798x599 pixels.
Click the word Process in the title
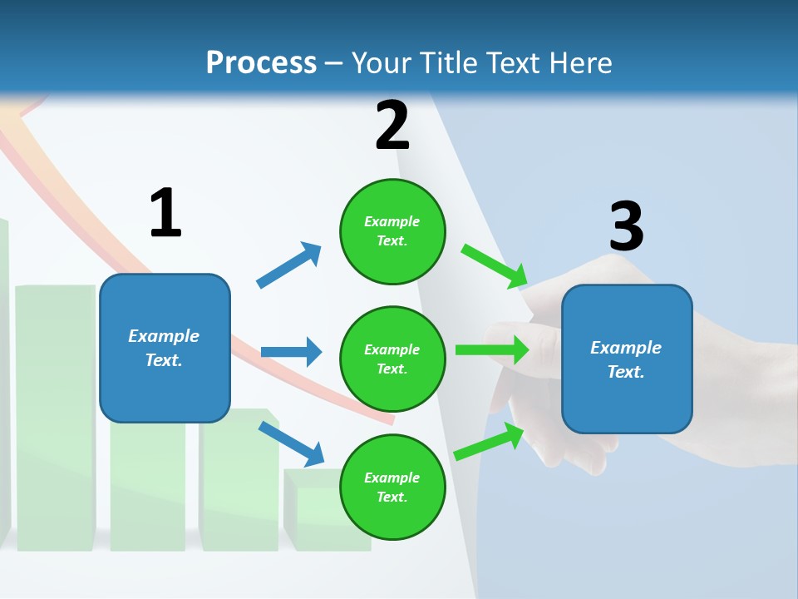261,63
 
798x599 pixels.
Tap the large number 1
165,213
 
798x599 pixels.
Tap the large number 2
392,126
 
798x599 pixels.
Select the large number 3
626,226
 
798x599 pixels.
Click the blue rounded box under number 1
165,348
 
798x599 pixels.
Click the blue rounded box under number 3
627,359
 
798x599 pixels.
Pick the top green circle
392,231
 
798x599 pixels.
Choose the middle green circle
392,359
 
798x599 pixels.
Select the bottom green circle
392,487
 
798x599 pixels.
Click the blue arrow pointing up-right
289,265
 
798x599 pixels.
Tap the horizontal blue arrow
291,352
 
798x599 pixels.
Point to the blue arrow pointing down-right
291,443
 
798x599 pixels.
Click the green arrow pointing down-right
494,265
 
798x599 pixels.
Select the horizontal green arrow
491,350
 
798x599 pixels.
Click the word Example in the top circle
392,221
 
